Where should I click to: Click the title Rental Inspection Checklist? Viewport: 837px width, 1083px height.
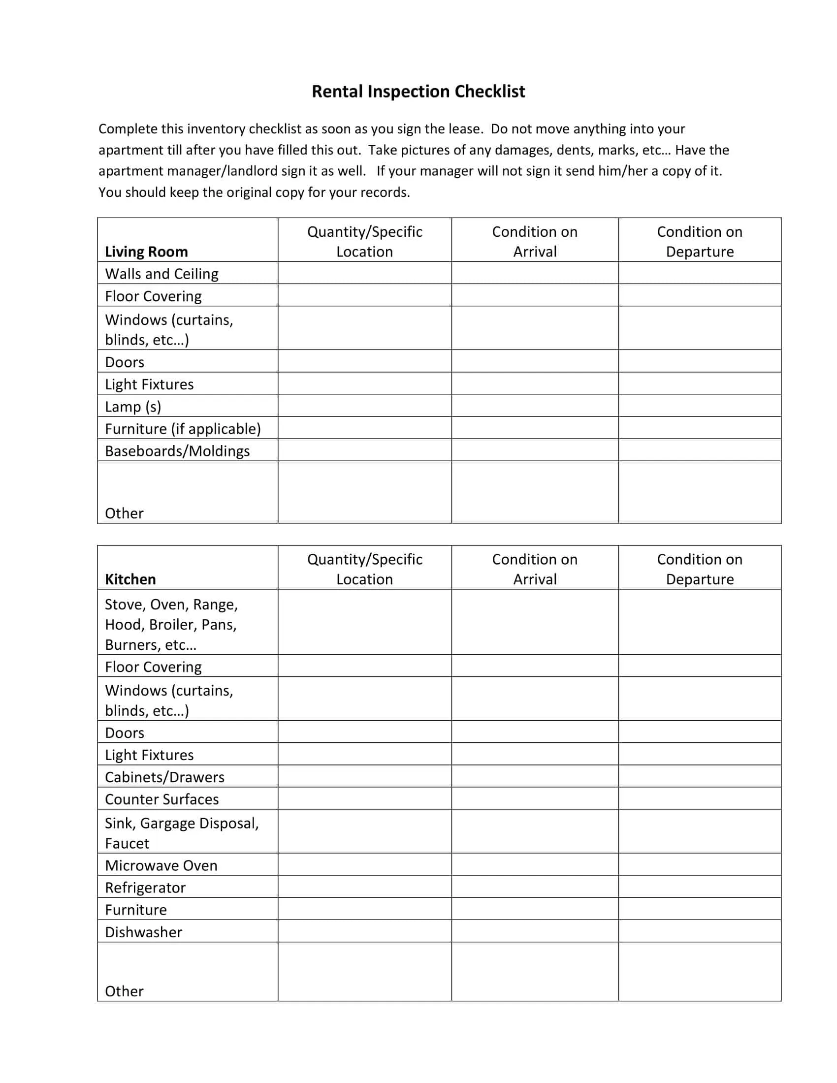click(x=418, y=92)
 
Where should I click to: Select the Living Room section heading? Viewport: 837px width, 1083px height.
click(x=146, y=252)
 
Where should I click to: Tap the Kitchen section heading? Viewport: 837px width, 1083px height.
click(x=130, y=579)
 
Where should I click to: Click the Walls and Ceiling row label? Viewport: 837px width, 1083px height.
click(x=161, y=274)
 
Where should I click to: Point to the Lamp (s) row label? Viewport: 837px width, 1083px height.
click(x=133, y=407)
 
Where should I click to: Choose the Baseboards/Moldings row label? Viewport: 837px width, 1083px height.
click(x=177, y=451)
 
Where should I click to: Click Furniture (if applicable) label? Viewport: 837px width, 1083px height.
click(x=183, y=428)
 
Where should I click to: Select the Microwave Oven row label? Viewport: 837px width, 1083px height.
click(x=161, y=865)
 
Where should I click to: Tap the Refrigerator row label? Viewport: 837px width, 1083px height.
click(x=145, y=888)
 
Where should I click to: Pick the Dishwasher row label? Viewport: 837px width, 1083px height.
click(x=143, y=932)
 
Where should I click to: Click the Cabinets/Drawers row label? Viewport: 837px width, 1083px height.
click(x=164, y=777)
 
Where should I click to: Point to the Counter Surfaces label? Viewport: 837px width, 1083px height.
click(x=161, y=799)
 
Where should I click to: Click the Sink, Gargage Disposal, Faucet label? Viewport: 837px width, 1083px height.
click(x=182, y=833)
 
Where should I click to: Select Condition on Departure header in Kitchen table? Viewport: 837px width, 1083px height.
click(x=699, y=569)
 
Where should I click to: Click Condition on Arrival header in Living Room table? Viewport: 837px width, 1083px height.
click(x=535, y=242)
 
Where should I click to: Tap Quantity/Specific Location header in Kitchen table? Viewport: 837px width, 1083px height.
click(x=364, y=569)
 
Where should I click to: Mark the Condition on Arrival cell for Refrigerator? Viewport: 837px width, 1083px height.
click(x=535, y=887)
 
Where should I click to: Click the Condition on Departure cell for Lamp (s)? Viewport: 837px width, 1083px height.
click(x=699, y=406)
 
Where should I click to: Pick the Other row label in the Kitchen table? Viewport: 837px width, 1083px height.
click(x=124, y=991)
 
